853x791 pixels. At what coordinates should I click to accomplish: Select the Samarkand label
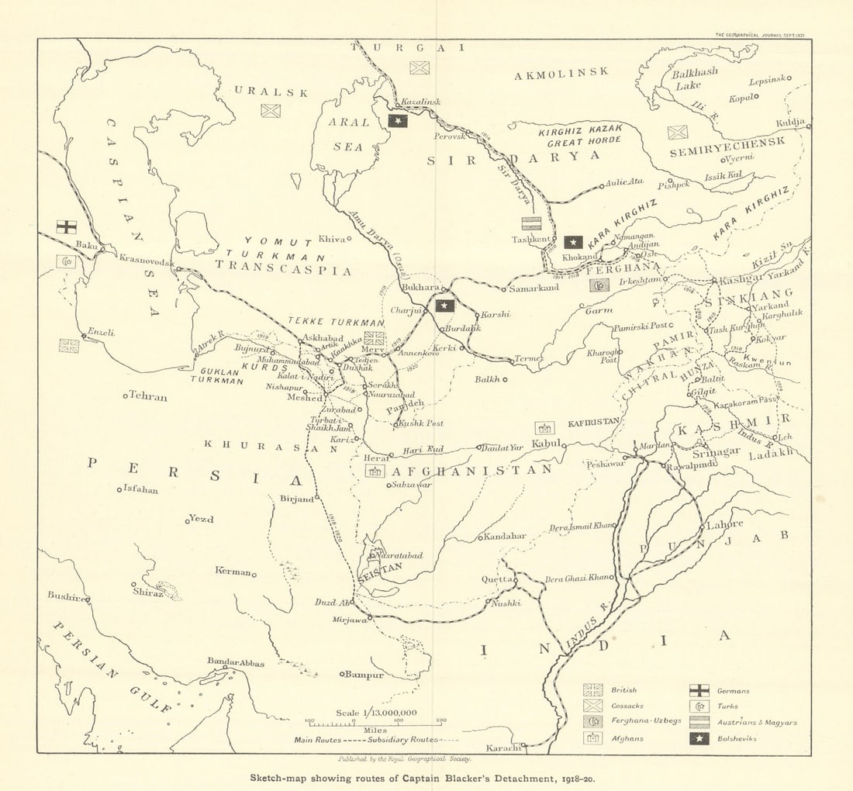tap(534, 288)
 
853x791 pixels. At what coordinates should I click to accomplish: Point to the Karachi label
tap(502, 748)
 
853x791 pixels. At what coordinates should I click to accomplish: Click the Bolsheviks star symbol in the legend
tap(699, 738)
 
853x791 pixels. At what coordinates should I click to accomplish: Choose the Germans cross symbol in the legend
tap(699, 690)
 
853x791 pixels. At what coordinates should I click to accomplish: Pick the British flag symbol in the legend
tap(593, 690)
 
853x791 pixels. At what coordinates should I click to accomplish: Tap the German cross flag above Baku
tap(67, 226)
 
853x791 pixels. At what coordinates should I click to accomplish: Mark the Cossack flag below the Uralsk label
tap(271, 111)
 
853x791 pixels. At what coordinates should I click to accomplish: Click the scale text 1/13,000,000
tap(376, 713)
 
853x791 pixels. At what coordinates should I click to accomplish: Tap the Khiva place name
tap(331, 239)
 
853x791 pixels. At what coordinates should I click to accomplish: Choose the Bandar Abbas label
tap(236, 662)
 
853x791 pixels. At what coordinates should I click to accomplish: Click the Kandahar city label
tap(505, 536)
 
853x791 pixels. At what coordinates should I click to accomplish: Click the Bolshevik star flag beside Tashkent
tap(574, 242)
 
